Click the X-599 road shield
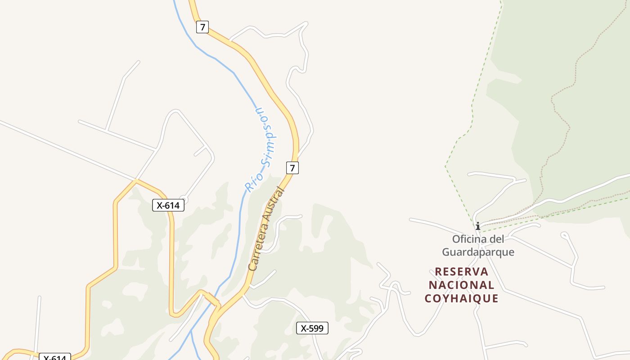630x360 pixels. [312, 328]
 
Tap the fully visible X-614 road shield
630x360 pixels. [168, 206]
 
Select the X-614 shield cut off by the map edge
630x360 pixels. [55, 358]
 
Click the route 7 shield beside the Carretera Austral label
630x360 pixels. [292, 168]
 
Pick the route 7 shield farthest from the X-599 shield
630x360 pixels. [202, 27]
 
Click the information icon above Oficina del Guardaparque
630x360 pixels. [478, 226]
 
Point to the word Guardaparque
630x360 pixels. [478, 252]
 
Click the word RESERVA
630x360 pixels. [462, 272]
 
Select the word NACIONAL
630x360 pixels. [461, 285]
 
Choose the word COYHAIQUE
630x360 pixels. [461, 298]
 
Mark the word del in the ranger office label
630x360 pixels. [498, 239]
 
